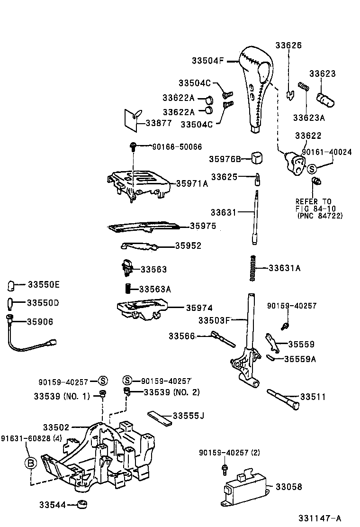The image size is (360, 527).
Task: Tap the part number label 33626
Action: click(288, 45)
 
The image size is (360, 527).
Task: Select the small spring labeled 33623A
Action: click(304, 87)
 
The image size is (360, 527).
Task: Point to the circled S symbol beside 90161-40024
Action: click(312, 169)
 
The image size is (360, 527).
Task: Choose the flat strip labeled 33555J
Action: click(159, 417)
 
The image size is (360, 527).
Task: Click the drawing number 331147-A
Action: click(319, 518)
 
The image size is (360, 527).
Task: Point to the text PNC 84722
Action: click(320, 216)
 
